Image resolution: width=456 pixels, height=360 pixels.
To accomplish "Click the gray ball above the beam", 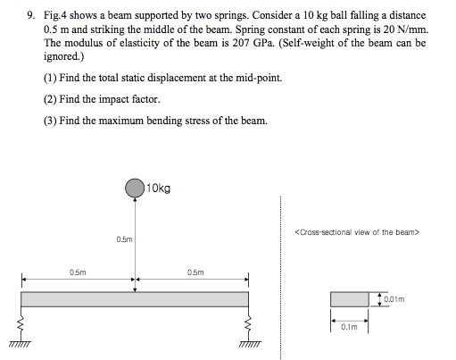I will (x=135, y=188).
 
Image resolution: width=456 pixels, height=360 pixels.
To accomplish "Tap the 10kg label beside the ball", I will (x=158, y=188).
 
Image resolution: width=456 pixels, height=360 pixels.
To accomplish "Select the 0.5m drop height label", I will (x=124, y=239).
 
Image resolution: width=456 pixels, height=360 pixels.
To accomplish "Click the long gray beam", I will (x=134, y=299).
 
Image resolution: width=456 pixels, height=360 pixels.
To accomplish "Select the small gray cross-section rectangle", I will (x=350, y=299).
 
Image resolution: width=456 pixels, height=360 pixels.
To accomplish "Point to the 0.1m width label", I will (x=349, y=327).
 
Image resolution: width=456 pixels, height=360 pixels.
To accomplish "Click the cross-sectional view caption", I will (x=356, y=232).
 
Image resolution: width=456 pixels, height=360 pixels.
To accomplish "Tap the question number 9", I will (x=28, y=16).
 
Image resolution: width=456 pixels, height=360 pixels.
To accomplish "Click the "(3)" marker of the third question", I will (x=50, y=121).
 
